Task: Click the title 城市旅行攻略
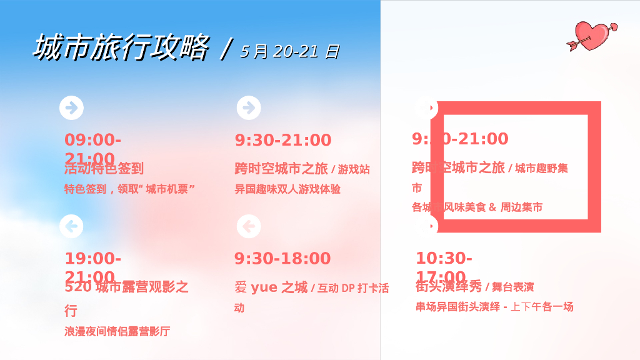(x=120, y=48)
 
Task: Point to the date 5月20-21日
(x=289, y=51)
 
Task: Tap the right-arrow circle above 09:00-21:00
(x=71, y=107)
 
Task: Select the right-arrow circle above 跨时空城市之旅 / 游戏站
(x=249, y=107)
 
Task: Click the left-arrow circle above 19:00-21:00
(x=71, y=226)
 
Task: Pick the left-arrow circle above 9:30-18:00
(x=249, y=226)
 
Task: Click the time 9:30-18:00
(x=282, y=258)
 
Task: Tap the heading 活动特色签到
(x=104, y=168)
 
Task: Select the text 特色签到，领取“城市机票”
(x=130, y=189)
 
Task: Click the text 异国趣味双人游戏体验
(x=287, y=189)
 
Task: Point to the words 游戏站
(x=354, y=169)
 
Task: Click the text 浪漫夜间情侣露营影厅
(x=117, y=331)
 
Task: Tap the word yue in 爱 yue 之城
(x=264, y=287)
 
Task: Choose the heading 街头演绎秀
(x=449, y=287)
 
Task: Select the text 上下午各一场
(x=542, y=307)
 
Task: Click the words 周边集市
(x=521, y=207)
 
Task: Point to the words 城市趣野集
(x=541, y=168)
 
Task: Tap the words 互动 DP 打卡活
(x=353, y=288)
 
